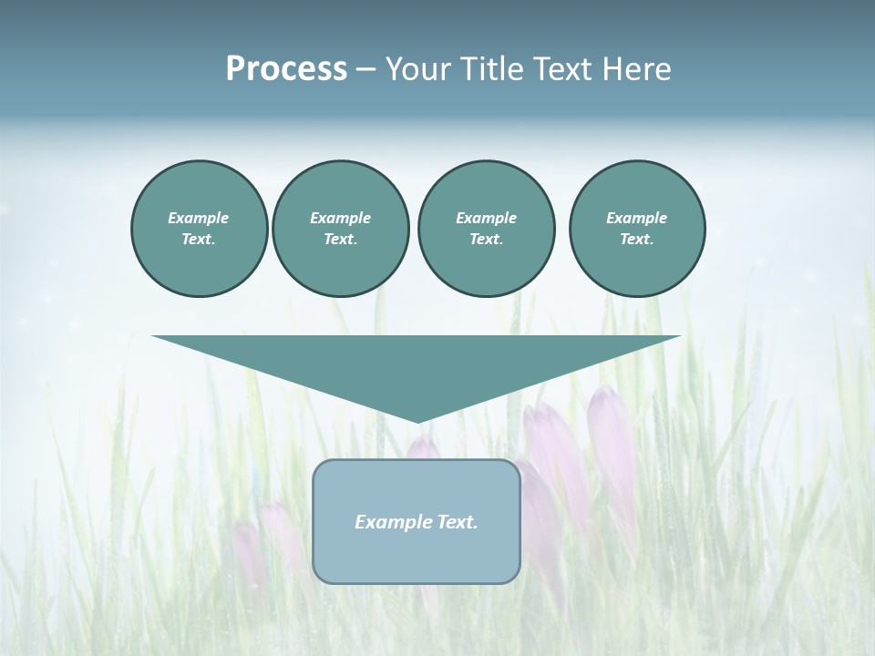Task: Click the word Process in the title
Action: coord(286,69)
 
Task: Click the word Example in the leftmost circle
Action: coord(199,218)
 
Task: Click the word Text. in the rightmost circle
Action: coord(637,239)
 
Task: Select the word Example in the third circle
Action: coord(486,218)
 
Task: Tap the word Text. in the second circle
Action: coord(340,239)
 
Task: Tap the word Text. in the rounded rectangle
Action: coord(457,522)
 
